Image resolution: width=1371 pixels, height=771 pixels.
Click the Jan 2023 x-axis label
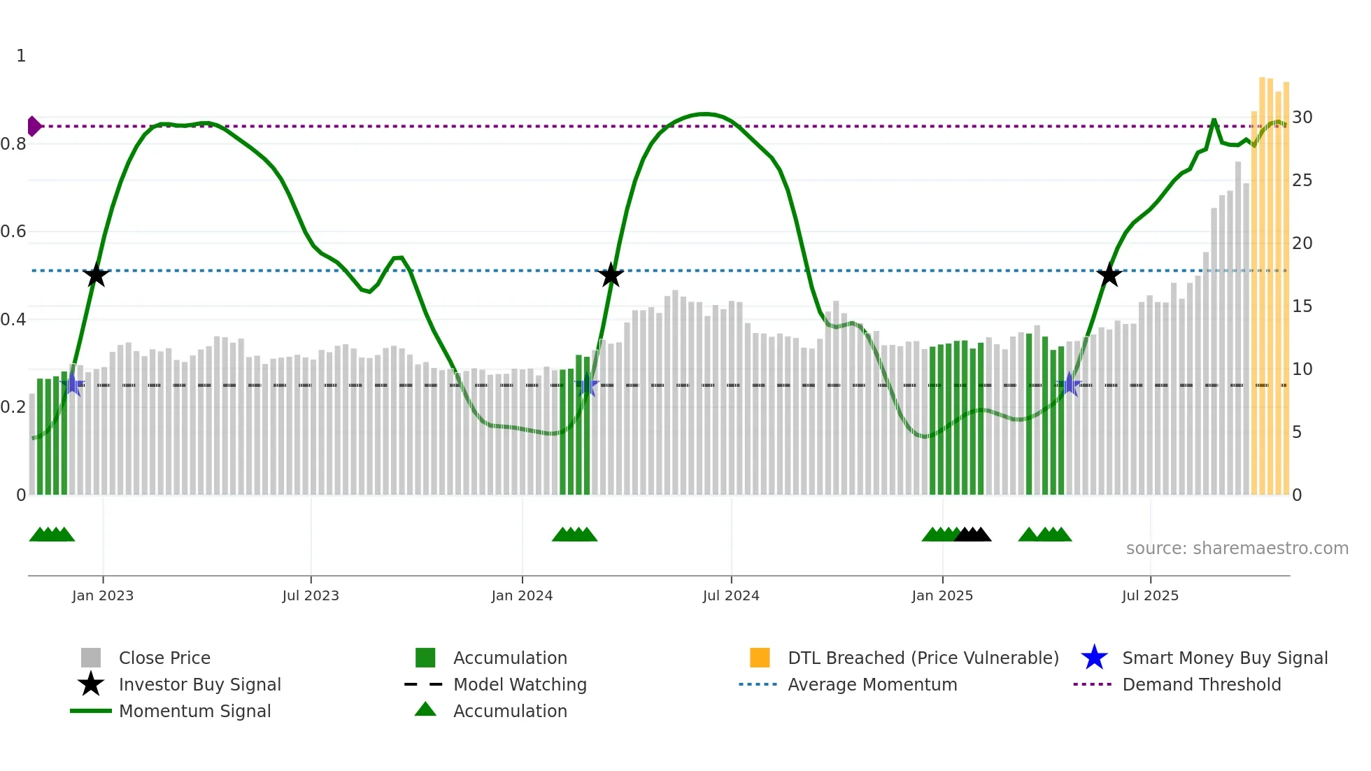(x=102, y=595)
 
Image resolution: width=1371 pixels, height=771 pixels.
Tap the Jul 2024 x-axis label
(x=731, y=595)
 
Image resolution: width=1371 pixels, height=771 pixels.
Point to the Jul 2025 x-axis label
(x=1150, y=595)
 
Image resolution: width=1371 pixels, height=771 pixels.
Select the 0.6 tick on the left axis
(x=13, y=232)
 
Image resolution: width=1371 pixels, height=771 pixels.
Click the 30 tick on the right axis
(x=1302, y=118)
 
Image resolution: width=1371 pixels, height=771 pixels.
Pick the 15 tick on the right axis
(x=1302, y=306)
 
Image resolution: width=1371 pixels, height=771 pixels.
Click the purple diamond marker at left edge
(x=34, y=127)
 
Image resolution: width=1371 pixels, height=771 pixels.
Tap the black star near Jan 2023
(x=96, y=276)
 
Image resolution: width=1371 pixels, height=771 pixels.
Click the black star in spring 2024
(x=611, y=276)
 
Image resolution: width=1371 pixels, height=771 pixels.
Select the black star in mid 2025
(x=1109, y=276)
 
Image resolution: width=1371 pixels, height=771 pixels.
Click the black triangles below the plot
(x=972, y=535)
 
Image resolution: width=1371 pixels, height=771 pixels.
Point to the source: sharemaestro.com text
(x=1237, y=549)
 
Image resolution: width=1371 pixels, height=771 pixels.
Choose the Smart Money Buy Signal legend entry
(x=1224, y=658)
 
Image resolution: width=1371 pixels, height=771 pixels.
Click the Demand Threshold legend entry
(x=1201, y=684)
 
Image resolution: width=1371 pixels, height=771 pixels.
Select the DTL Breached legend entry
(x=923, y=658)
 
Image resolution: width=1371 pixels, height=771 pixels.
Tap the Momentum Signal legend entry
(x=194, y=711)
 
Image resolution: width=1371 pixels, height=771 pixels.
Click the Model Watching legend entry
(x=519, y=684)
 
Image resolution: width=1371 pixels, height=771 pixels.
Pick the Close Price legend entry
(x=164, y=658)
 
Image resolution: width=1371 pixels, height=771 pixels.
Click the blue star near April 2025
(x=1069, y=385)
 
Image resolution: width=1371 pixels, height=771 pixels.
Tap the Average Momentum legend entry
(x=872, y=684)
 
